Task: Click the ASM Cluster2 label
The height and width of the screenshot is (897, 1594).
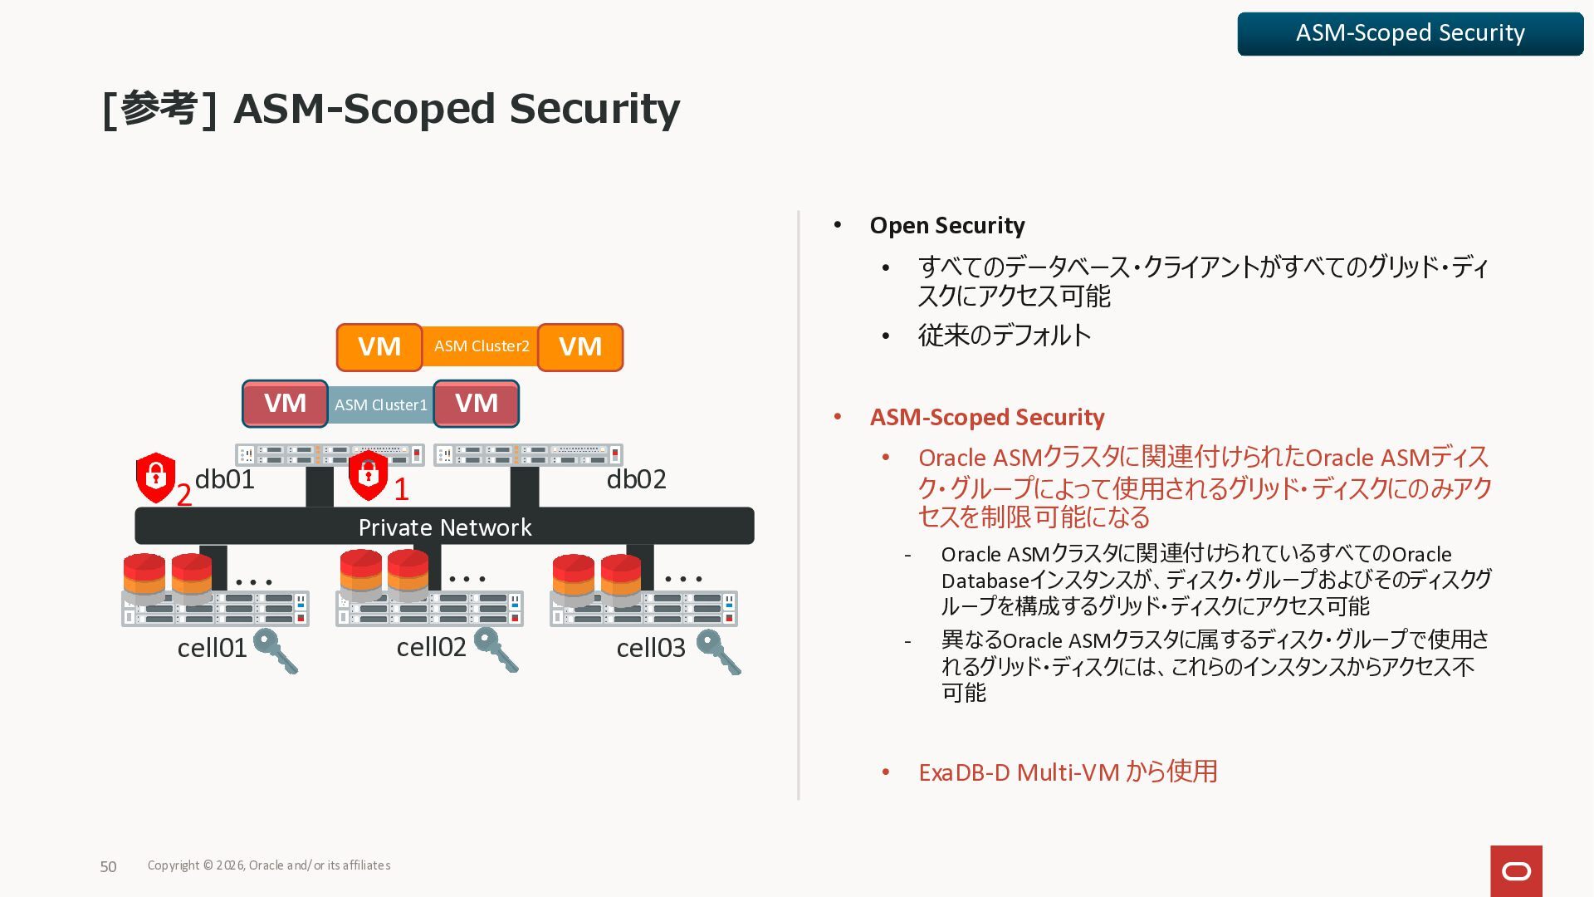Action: pyautogui.click(x=482, y=346)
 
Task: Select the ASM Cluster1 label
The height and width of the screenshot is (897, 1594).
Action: pyautogui.click(x=380, y=404)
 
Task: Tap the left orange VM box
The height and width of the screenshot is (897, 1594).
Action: pyautogui.click(x=379, y=347)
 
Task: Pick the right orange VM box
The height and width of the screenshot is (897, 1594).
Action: pyautogui.click(x=579, y=347)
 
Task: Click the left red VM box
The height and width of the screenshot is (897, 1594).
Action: pyautogui.click(x=285, y=404)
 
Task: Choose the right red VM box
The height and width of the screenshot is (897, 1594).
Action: pyautogui.click(x=477, y=404)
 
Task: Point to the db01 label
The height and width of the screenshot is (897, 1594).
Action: pyautogui.click(x=224, y=479)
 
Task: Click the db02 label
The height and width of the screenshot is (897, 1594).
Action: pyautogui.click(x=636, y=479)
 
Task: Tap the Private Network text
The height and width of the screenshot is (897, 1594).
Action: pyautogui.click(x=445, y=527)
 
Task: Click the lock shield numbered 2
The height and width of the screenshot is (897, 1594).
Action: pyautogui.click(x=155, y=478)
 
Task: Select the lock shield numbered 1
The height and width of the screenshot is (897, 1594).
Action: pyautogui.click(x=369, y=475)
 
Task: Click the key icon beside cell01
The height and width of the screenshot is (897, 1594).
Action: pyautogui.click(x=276, y=650)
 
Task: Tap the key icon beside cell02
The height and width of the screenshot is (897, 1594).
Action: pyautogui.click(x=496, y=649)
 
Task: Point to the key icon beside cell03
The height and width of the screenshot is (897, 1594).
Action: pyautogui.click(x=719, y=651)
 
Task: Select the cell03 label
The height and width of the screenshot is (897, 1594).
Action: pyautogui.click(x=651, y=648)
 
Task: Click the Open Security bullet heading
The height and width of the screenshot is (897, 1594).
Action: pyautogui.click(x=946, y=226)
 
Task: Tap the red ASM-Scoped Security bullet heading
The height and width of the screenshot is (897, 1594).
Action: pyautogui.click(x=986, y=417)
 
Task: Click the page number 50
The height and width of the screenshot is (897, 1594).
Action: pyautogui.click(x=108, y=867)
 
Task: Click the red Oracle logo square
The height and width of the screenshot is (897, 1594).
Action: pyautogui.click(x=1516, y=870)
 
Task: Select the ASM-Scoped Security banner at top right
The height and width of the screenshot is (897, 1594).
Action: pyautogui.click(x=1410, y=33)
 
